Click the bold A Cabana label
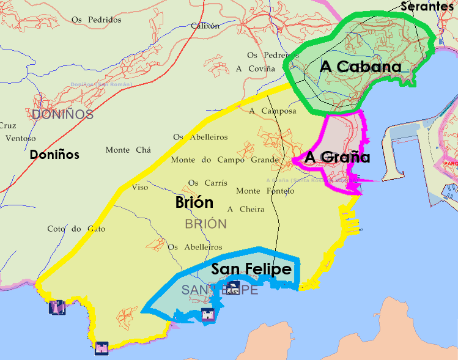tap(360, 67)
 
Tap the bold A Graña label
tap(338, 157)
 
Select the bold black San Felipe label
tap(251, 268)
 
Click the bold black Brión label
tap(194, 202)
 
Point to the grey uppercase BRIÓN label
tap(205, 224)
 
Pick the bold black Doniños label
tap(54, 155)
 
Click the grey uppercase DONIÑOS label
tap(62, 114)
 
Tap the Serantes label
tap(429, 6)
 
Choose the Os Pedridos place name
tap(96, 20)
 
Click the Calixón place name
tap(205, 26)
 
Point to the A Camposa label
tap(273, 111)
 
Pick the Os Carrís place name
tap(207, 183)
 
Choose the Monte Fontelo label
tap(265, 191)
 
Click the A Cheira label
tap(245, 209)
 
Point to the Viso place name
tap(140, 187)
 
